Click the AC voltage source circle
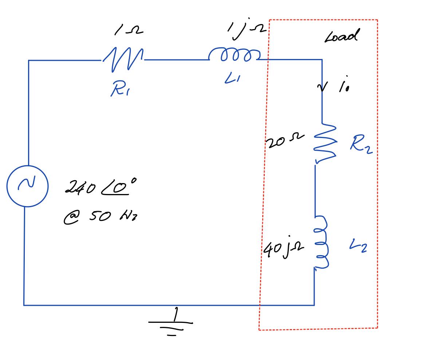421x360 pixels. (27, 186)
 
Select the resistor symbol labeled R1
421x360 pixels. (123, 59)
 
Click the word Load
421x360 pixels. (341, 36)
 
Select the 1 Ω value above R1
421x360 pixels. (128, 31)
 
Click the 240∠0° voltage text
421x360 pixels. (97, 188)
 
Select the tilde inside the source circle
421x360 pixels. (27, 185)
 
